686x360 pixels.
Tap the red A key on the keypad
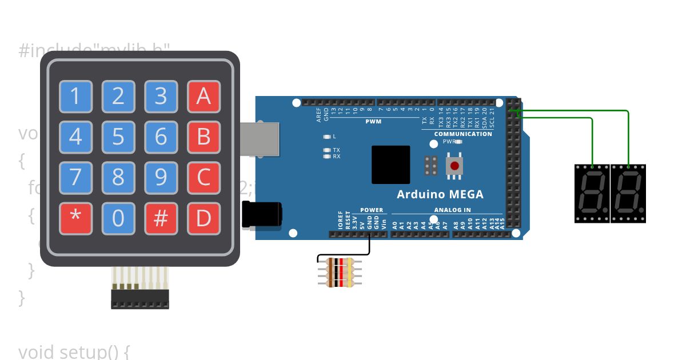[204, 97]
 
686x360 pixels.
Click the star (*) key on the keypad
[75, 218]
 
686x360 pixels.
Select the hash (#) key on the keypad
[161, 218]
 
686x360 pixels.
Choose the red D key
[204, 218]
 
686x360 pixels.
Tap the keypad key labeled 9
[161, 178]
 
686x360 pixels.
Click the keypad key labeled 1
[75, 97]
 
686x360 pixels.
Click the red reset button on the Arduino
[454, 166]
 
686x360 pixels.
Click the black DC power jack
[262, 215]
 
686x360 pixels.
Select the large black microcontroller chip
[391, 165]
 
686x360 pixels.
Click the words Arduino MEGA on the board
[440, 194]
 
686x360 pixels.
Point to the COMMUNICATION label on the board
[463, 134]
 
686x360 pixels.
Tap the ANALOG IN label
[452, 210]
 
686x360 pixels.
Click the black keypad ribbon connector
[140, 299]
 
